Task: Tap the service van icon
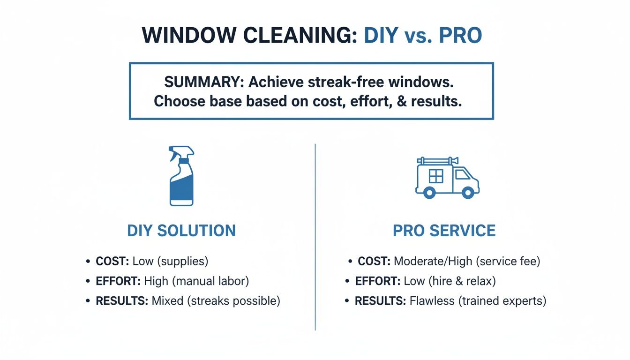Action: coord(447,177)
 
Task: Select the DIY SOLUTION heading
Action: coord(181,231)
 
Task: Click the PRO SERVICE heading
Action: coord(444,231)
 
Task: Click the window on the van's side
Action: coord(436,176)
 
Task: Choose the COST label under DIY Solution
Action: coord(112,261)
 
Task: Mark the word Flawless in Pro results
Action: coord(432,300)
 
